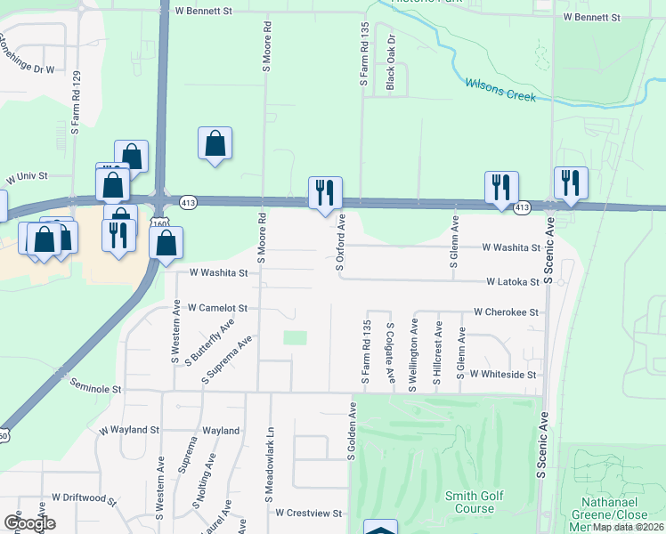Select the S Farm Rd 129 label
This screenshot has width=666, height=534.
click(x=77, y=102)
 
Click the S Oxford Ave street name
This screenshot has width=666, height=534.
click(x=339, y=241)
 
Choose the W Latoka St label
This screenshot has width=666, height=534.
click(x=513, y=282)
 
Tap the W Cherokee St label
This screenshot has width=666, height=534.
click(x=507, y=312)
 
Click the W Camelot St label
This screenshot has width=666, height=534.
click(x=216, y=307)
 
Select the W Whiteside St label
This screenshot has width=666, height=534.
click(x=503, y=375)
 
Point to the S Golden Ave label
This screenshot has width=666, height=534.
click(x=353, y=431)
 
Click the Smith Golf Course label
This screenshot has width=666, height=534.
click(x=475, y=502)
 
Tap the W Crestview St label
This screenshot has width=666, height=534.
click(x=309, y=513)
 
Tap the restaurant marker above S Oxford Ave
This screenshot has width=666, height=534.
click(x=323, y=192)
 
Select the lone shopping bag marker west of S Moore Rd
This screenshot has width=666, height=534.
click(x=215, y=143)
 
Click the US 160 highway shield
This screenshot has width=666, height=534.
click(x=158, y=224)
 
